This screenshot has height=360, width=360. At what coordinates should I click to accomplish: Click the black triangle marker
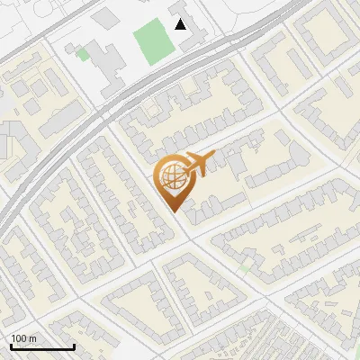click(x=181, y=24)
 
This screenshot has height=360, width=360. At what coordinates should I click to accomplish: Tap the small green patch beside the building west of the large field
click(x=83, y=55)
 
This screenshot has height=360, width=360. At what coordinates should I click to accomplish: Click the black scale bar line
click(x=42, y=347)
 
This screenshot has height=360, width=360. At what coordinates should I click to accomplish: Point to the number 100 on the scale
click(x=18, y=338)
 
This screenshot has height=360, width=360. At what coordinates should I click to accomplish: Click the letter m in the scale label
click(x=32, y=338)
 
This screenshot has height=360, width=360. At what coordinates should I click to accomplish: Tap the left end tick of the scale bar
click(x=11, y=346)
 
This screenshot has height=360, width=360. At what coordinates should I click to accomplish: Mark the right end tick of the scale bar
click(x=74, y=346)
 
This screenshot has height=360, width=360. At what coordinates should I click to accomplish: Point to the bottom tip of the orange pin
click(x=174, y=212)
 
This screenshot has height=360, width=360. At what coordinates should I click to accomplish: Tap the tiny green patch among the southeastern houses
click(x=245, y=267)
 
